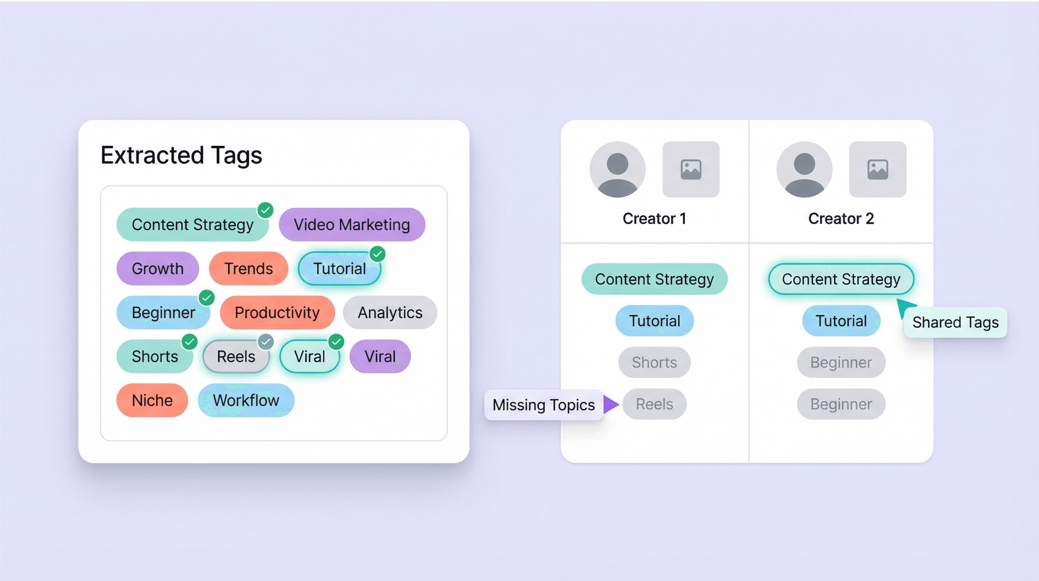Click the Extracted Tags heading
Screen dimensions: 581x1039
(181, 155)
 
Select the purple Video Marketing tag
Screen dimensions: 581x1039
(352, 225)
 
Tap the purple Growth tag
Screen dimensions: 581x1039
(158, 268)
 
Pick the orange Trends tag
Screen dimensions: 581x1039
(248, 268)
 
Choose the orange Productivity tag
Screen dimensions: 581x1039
(277, 313)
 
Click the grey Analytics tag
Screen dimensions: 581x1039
(390, 313)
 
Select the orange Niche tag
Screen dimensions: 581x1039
(152, 401)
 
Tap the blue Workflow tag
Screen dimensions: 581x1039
(246, 401)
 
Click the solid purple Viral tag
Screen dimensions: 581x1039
(380, 356)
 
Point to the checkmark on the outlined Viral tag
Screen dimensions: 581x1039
(336, 342)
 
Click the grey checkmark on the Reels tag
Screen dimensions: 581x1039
(266, 342)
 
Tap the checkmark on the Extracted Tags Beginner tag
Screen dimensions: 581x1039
(207, 298)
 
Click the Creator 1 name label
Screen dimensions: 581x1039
(654, 219)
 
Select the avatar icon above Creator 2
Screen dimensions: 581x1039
(804, 170)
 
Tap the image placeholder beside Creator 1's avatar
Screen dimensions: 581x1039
(691, 170)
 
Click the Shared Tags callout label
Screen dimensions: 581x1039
(956, 322)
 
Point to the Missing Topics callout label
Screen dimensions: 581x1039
(543, 405)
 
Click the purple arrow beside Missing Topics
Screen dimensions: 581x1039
(610, 404)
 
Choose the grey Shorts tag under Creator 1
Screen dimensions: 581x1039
(654, 362)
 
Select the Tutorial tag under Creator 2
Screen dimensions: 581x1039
(841, 321)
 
